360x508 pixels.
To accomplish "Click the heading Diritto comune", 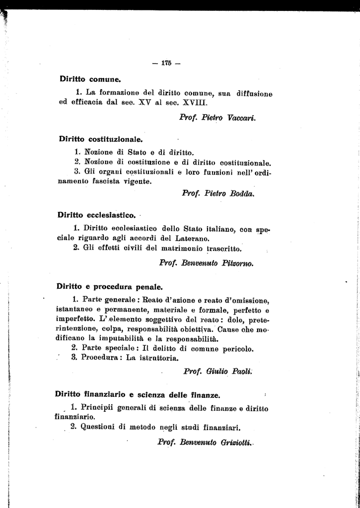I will point(90,78).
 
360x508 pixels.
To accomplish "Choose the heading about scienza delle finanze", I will point(137,395).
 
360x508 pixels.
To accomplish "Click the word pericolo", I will point(238,348).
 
